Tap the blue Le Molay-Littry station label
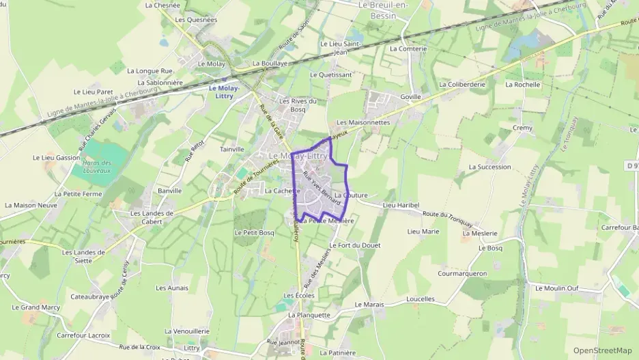[x=221, y=92]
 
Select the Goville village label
[x=411, y=97]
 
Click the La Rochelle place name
[x=522, y=85]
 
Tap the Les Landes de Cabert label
[x=152, y=217]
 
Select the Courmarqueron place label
[x=462, y=273]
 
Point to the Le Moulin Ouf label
[x=556, y=288]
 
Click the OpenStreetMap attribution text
[x=602, y=350]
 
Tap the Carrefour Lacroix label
[x=83, y=335]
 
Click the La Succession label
[x=489, y=167]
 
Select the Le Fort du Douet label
[x=354, y=245]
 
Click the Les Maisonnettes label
[x=363, y=123]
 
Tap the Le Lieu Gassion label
[x=56, y=158]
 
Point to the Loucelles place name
[x=420, y=299]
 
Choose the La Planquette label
[x=309, y=316]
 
